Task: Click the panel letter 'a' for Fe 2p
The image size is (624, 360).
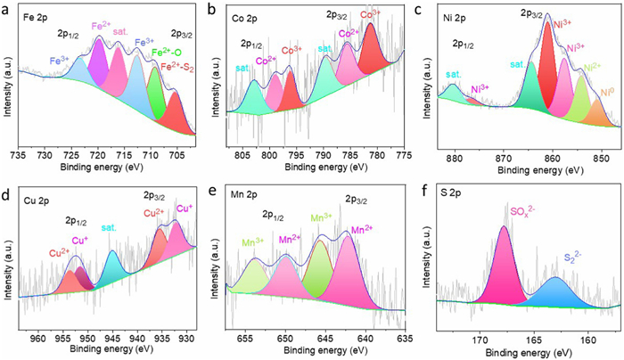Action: click(x=7, y=10)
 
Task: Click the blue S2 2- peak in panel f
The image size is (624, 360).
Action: click(x=555, y=293)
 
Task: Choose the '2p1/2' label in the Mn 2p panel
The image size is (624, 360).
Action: click(x=274, y=214)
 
